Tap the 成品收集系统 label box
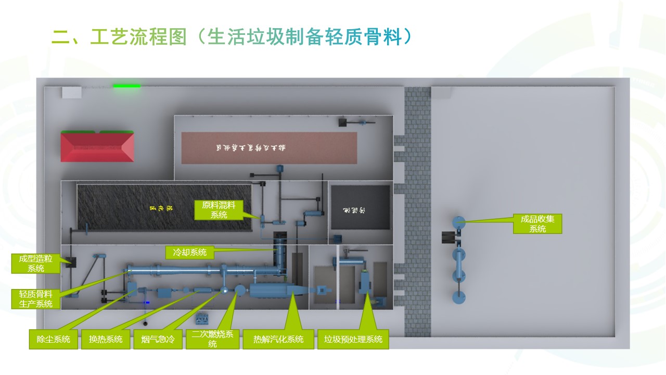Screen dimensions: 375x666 tap(537, 223)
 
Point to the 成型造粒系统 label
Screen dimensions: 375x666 tap(36, 264)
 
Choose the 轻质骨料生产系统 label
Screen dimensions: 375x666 tap(36, 299)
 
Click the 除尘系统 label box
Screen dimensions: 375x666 tap(53, 339)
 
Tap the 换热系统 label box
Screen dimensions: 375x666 tap(106, 339)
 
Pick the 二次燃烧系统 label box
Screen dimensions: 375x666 tap(212, 339)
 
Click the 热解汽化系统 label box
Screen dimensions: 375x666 tap(278, 339)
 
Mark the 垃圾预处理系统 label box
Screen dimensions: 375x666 tap(353, 339)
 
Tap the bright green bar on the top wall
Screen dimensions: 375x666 tap(127, 86)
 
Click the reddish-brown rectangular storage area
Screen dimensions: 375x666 tap(269, 148)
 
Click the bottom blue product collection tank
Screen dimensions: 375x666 tap(458, 297)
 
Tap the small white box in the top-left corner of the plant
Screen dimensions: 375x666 tap(71, 92)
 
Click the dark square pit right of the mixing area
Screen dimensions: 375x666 tap(361, 207)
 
